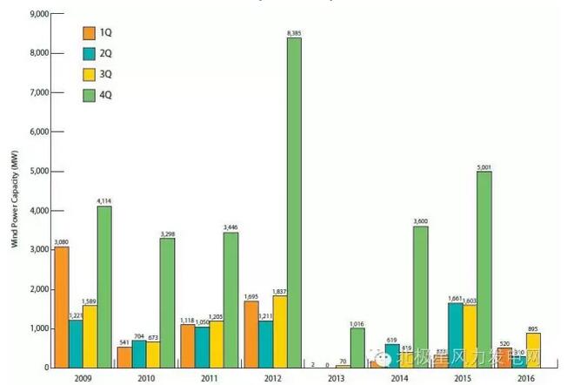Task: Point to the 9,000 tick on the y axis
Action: [38, 14]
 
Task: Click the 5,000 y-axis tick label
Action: [38, 172]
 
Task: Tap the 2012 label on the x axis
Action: [270, 378]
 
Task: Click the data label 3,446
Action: [231, 227]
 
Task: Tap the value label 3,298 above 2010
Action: [168, 233]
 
